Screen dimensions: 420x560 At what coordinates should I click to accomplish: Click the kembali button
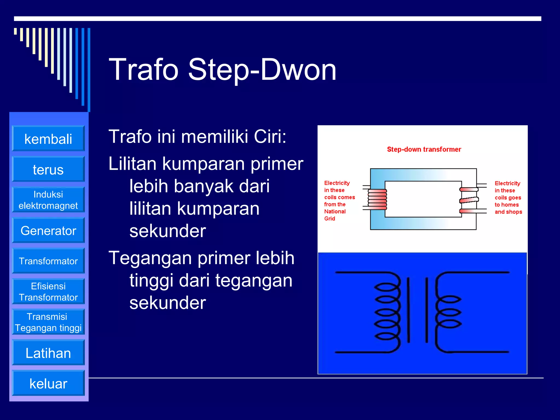[x=48, y=139]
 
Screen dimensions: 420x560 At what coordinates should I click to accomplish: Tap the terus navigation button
[x=48, y=169]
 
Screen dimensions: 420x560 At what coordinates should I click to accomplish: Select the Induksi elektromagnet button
[x=48, y=200]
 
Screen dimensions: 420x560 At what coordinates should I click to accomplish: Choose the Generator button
[x=48, y=231]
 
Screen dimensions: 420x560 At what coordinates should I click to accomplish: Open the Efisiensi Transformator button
[x=48, y=291]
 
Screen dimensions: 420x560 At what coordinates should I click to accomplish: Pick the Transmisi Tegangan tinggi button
[x=48, y=322]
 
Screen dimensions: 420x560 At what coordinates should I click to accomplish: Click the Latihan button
[x=48, y=353]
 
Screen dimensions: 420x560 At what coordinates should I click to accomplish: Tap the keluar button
[x=48, y=383]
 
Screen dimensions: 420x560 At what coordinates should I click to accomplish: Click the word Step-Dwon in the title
[x=262, y=70]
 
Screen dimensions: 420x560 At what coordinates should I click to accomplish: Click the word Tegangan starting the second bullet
[x=150, y=258]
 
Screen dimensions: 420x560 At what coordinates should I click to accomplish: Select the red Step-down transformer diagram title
[x=424, y=149]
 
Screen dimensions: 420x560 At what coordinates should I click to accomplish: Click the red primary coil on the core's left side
[x=377, y=199]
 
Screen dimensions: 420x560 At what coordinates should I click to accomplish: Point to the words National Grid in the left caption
[x=335, y=215]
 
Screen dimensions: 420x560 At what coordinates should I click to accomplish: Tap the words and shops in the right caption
[x=508, y=212]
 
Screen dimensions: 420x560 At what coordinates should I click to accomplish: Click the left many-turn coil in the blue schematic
[x=388, y=312]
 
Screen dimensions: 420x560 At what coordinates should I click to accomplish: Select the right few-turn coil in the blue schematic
[x=448, y=312]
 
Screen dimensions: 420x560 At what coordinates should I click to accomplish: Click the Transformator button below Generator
[x=48, y=261]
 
